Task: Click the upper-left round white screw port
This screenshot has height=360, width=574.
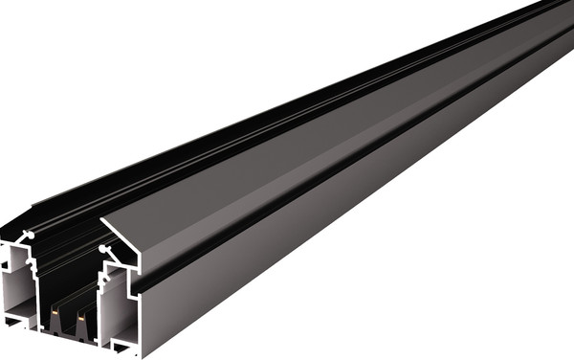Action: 29,235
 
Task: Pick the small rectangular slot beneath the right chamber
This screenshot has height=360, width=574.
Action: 121,342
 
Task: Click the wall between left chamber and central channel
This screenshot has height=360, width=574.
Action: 39,287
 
